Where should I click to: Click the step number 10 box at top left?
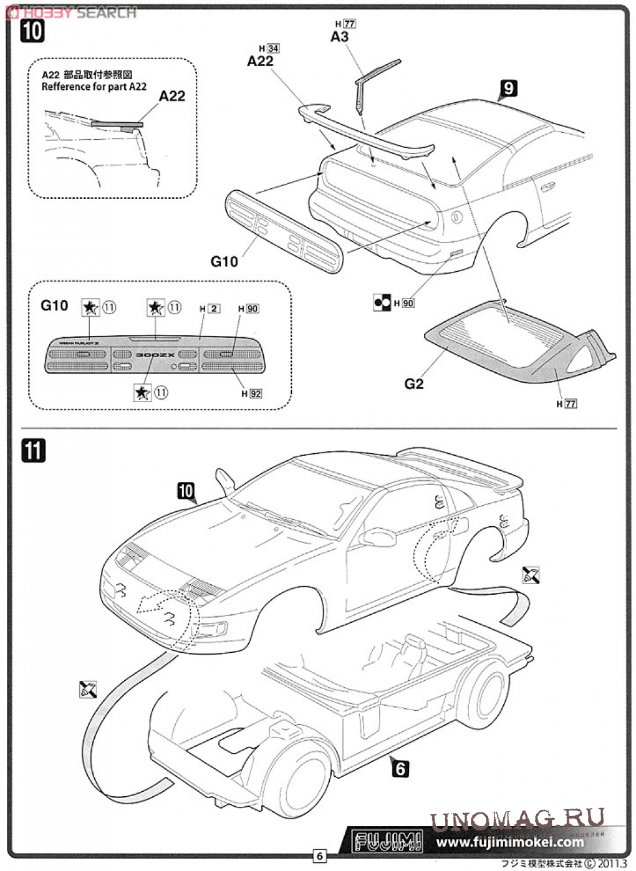tap(32, 31)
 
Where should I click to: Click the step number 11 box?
tap(33, 450)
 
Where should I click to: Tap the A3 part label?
tap(339, 37)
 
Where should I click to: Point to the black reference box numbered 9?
tap(508, 88)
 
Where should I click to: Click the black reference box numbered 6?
tap(400, 769)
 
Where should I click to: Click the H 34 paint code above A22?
tap(269, 49)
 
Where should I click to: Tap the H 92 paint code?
tap(252, 393)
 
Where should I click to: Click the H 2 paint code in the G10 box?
tap(210, 309)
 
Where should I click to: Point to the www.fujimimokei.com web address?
tap(509, 842)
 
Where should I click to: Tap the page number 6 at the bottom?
tap(319, 855)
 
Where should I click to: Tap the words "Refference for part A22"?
tap(94, 87)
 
